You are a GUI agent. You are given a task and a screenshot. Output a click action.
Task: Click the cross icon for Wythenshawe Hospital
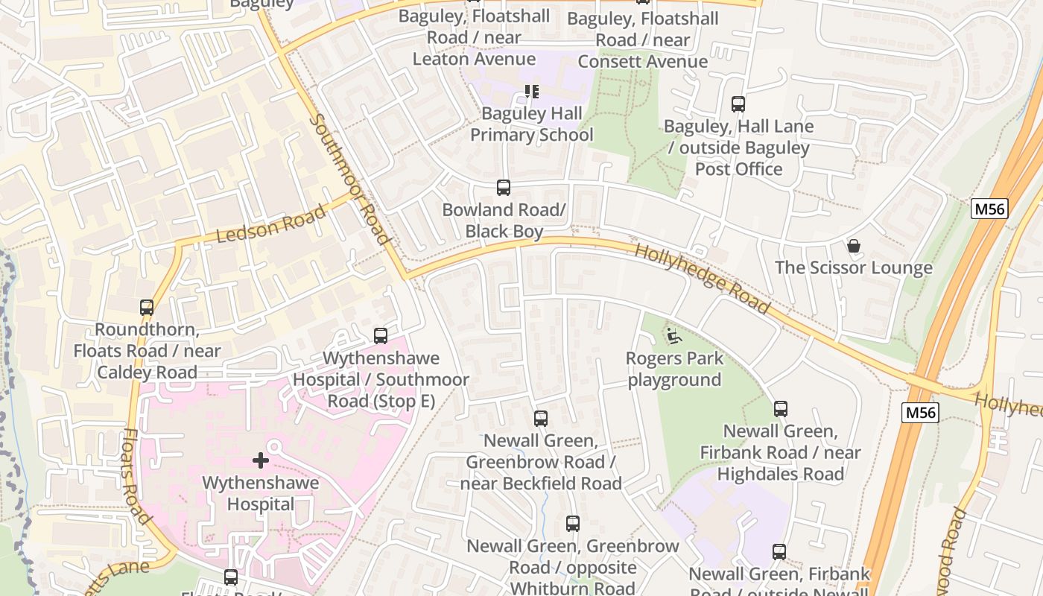pos(260,460)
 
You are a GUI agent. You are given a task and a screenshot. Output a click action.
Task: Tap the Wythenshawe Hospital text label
pos(260,493)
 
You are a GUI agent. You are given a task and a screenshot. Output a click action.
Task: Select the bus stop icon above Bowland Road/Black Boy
pos(504,187)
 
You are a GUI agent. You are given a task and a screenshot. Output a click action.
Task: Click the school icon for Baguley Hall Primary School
pos(531,92)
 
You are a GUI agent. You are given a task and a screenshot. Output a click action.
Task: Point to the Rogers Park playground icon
pos(673,336)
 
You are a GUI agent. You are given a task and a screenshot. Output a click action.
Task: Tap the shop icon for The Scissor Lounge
pos(854,245)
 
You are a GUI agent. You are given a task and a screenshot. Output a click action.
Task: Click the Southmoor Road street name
pos(349,180)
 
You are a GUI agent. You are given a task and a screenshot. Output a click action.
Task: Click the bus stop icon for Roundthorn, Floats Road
pos(147,307)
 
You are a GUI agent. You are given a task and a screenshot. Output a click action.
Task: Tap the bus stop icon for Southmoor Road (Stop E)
pos(381,336)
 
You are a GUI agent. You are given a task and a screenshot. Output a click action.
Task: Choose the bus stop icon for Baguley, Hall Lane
pos(738,104)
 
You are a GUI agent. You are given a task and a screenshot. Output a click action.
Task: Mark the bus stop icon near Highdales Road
pos(780,408)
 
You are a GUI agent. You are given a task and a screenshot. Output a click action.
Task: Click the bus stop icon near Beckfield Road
pos(541,419)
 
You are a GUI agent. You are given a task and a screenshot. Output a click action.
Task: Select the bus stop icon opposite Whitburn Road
pos(572,523)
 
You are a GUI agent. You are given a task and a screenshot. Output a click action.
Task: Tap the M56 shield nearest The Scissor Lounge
pos(989,209)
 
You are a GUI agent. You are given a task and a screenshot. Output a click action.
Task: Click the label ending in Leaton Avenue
pos(474,37)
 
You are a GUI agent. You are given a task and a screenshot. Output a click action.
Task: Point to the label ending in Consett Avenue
pos(642,39)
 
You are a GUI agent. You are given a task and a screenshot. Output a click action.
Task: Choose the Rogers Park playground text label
pos(674,369)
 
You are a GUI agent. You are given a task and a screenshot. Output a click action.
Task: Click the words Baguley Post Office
pos(738,159)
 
